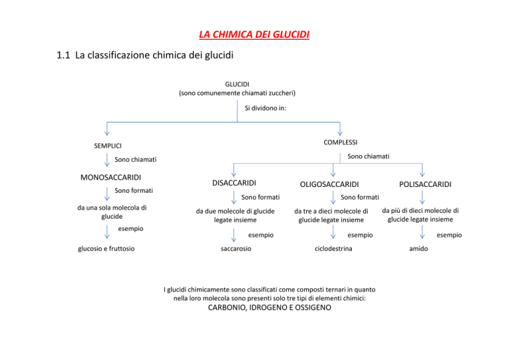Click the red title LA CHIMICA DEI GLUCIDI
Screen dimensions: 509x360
(254, 34)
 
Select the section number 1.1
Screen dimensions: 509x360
(64, 55)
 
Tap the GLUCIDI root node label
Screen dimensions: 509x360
(237, 84)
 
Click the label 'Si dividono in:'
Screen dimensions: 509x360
(265, 108)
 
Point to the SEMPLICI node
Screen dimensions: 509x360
(108, 146)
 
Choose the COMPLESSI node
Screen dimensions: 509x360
(340, 143)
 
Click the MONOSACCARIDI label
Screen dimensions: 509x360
(111, 178)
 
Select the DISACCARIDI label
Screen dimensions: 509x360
(234, 183)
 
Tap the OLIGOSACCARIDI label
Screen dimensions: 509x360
(329, 184)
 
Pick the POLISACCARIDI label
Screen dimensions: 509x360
(425, 184)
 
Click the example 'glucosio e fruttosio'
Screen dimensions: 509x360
(106, 249)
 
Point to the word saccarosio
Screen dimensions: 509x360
(236, 249)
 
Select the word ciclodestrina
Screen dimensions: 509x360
(333, 249)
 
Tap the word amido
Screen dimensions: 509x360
(418, 249)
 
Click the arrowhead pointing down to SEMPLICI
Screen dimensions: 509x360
(107, 134)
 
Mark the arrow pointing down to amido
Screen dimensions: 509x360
(422, 232)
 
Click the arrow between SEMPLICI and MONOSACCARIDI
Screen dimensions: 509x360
(107, 160)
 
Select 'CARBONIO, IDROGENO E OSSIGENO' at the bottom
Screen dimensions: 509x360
(270, 308)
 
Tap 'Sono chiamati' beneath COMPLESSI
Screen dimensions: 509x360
(368, 156)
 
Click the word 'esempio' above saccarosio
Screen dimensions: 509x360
(261, 235)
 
